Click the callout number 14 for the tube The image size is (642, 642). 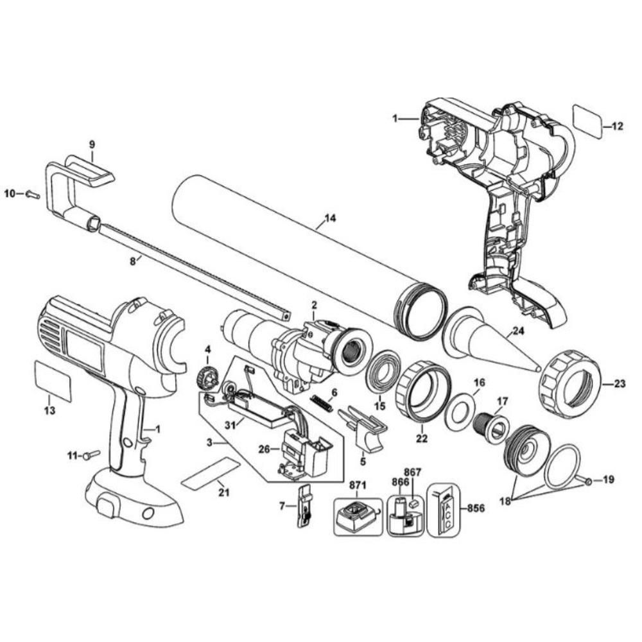[x=329, y=220]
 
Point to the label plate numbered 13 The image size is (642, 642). [x=53, y=380]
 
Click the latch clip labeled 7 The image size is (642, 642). [x=304, y=507]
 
